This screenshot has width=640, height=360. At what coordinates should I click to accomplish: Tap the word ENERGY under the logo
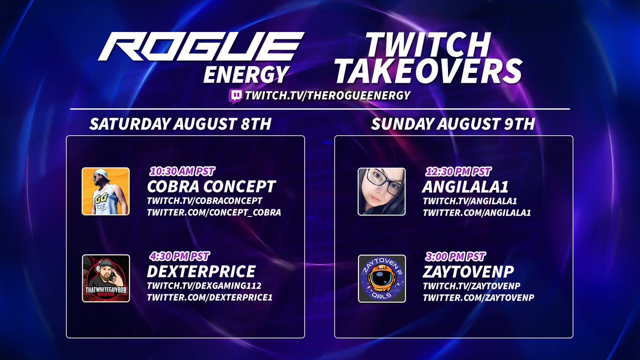pyautogui.click(x=245, y=74)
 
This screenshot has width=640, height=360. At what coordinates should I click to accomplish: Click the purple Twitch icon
pyautogui.click(x=235, y=96)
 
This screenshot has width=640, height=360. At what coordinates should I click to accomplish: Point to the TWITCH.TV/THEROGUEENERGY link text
pyautogui.click(x=327, y=96)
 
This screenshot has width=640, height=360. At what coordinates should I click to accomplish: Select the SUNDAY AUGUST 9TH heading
pyautogui.click(x=453, y=124)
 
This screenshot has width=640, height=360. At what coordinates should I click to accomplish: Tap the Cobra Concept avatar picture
pyautogui.click(x=106, y=191)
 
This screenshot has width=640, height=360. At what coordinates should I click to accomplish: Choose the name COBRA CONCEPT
pyautogui.click(x=211, y=187)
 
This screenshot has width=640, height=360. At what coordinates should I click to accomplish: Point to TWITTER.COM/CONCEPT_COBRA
pyautogui.click(x=214, y=212)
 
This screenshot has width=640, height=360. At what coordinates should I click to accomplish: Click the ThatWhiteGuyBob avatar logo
pyautogui.click(x=106, y=278)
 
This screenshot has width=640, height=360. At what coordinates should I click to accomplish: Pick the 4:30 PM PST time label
pyautogui.click(x=178, y=257)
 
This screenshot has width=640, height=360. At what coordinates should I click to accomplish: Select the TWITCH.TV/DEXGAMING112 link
pyautogui.click(x=204, y=285)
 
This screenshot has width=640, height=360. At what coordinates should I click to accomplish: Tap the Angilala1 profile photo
pyautogui.click(x=382, y=191)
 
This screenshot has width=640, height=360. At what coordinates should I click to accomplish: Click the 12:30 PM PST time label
pyautogui.click(x=458, y=172)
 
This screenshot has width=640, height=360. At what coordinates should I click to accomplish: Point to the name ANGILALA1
pyautogui.click(x=465, y=187)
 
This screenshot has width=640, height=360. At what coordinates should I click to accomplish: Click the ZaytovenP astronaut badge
pyautogui.click(x=382, y=278)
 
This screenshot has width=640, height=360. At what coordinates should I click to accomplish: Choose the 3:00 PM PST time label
pyautogui.click(x=454, y=257)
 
